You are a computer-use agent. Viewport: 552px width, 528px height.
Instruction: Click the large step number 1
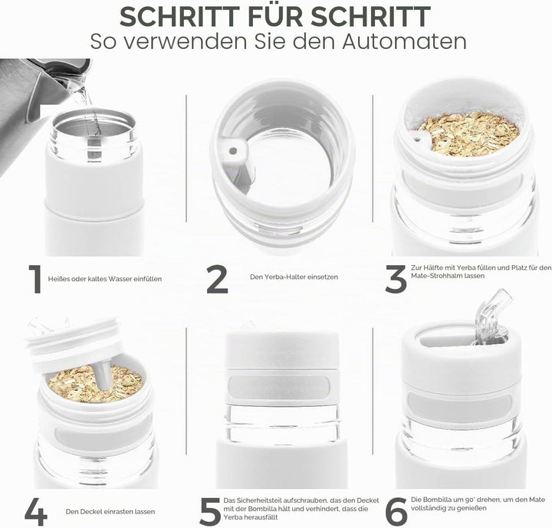coord(35,280)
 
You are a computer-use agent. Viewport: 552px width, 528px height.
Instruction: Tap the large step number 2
coord(217,279)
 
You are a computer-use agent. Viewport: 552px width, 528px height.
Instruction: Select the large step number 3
coord(396,279)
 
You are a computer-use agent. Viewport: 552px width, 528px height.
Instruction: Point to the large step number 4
coord(36,511)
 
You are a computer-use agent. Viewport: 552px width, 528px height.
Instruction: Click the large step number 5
coord(210,511)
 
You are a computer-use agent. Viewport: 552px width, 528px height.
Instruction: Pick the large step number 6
coord(396,511)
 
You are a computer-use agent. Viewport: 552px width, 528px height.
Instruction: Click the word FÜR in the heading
coord(275,16)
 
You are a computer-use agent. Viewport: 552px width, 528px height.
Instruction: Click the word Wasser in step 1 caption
coord(121,279)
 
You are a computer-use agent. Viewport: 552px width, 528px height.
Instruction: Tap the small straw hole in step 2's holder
coord(233,151)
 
